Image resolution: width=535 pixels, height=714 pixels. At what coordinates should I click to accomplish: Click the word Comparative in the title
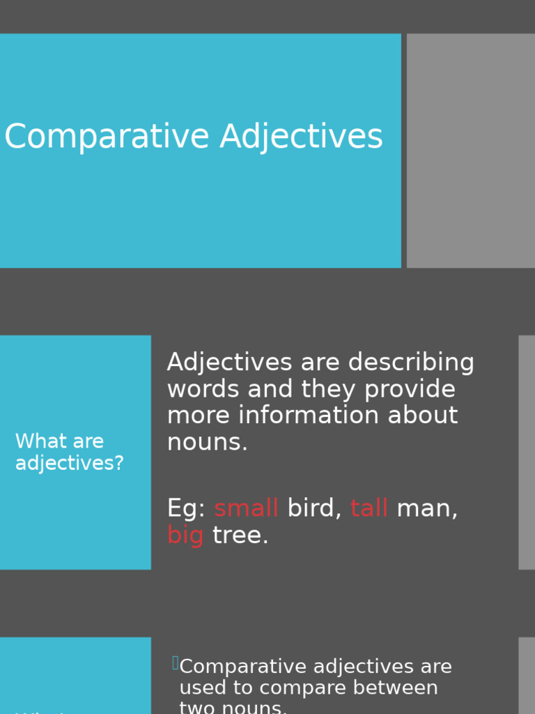click(x=107, y=137)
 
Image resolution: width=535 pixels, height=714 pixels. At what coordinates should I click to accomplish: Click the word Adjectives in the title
click(x=301, y=137)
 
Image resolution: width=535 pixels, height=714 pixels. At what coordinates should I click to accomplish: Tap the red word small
click(x=246, y=508)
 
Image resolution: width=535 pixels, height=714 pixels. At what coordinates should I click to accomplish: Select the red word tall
click(x=369, y=508)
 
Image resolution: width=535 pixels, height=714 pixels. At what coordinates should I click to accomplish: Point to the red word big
click(x=185, y=535)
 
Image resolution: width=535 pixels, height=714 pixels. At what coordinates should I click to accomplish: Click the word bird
click(x=314, y=508)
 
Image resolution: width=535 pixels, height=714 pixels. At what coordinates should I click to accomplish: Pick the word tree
click(x=240, y=535)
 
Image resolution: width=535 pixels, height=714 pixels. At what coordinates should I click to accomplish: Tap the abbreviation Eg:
click(x=186, y=508)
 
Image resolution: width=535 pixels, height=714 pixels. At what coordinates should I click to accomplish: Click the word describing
click(x=411, y=363)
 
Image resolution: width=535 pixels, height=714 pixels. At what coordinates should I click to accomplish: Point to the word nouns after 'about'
click(x=207, y=442)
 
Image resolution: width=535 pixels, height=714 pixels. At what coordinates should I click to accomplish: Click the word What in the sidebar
click(x=39, y=441)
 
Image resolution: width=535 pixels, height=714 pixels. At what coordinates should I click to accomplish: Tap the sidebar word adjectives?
click(x=70, y=463)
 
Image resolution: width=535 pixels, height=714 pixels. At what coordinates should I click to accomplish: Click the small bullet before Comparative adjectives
click(x=175, y=663)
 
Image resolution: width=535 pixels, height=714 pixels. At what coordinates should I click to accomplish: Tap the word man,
click(x=427, y=508)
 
